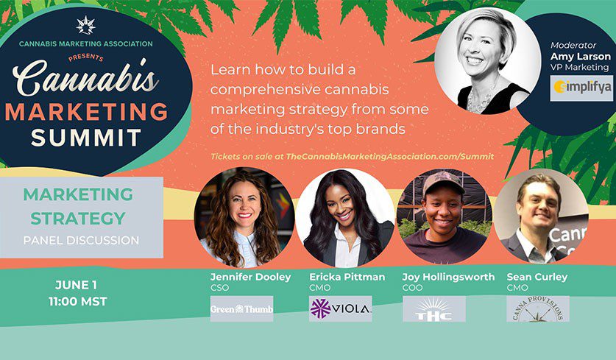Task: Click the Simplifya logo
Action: (x=581, y=88)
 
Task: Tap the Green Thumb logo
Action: (x=241, y=308)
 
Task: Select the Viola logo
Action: (x=340, y=308)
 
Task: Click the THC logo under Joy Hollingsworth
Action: (x=434, y=308)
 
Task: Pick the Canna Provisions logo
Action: (x=538, y=308)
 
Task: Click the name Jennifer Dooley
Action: (x=251, y=277)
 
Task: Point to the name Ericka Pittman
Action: (x=347, y=277)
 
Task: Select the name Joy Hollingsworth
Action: (x=448, y=277)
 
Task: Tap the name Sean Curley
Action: (x=537, y=277)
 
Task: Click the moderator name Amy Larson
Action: (x=581, y=57)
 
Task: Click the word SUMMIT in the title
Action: (x=86, y=138)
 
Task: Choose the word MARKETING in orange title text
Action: (x=86, y=112)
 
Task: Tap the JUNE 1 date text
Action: (x=76, y=285)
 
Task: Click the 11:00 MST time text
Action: (x=78, y=301)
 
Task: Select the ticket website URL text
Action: (x=390, y=156)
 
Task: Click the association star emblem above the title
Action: (x=85, y=25)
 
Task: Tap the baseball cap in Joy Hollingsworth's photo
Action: (x=444, y=183)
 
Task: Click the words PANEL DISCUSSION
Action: (x=81, y=240)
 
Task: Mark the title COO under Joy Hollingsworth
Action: (x=412, y=288)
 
